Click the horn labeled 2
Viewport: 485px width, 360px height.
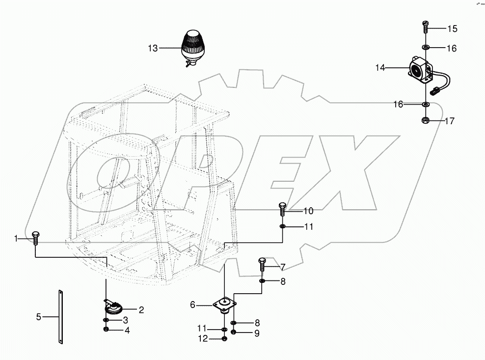click(114, 308)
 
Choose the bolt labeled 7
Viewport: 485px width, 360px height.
click(262, 264)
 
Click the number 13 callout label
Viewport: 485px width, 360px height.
click(153, 48)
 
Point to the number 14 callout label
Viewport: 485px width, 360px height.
click(380, 68)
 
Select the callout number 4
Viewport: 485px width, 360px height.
click(127, 331)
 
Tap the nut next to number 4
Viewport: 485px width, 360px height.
click(107, 329)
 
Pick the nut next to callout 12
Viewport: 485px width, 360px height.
click(224, 338)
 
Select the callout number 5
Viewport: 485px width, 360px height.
click(39, 317)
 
